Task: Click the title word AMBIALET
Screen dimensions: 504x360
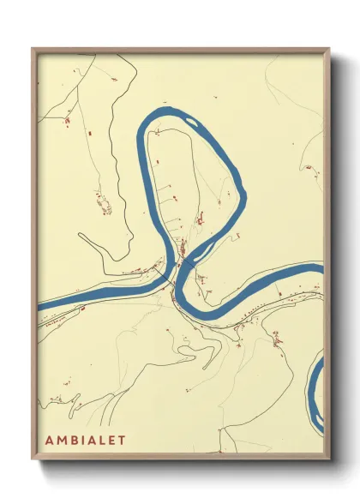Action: coord(85,440)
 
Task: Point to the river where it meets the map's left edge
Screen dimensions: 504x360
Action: coord(39,304)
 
